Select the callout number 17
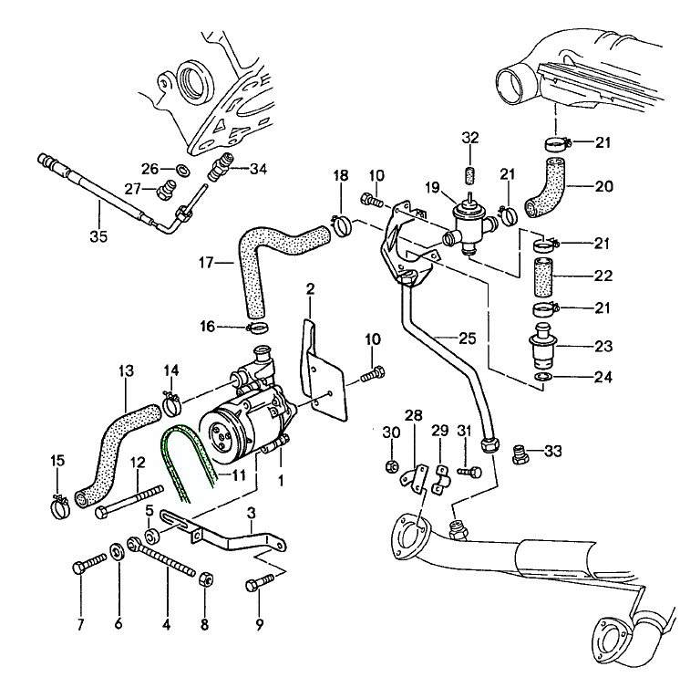(x=205, y=263)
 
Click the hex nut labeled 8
(x=205, y=579)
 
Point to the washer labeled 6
(x=118, y=552)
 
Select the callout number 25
(x=467, y=338)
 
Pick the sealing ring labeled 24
(x=541, y=377)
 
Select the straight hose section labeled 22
(x=543, y=276)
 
